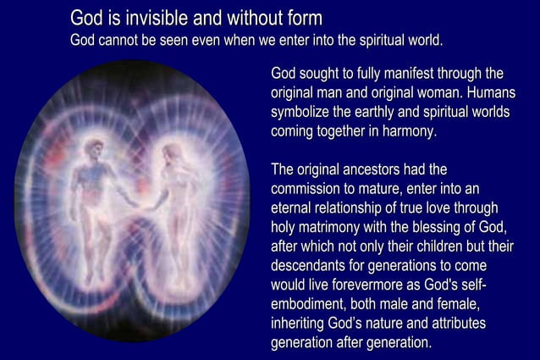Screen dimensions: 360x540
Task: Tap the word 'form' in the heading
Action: click(300, 17)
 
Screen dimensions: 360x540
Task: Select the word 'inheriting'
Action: click(302, 324)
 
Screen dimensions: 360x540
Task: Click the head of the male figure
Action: click(96, 150)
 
